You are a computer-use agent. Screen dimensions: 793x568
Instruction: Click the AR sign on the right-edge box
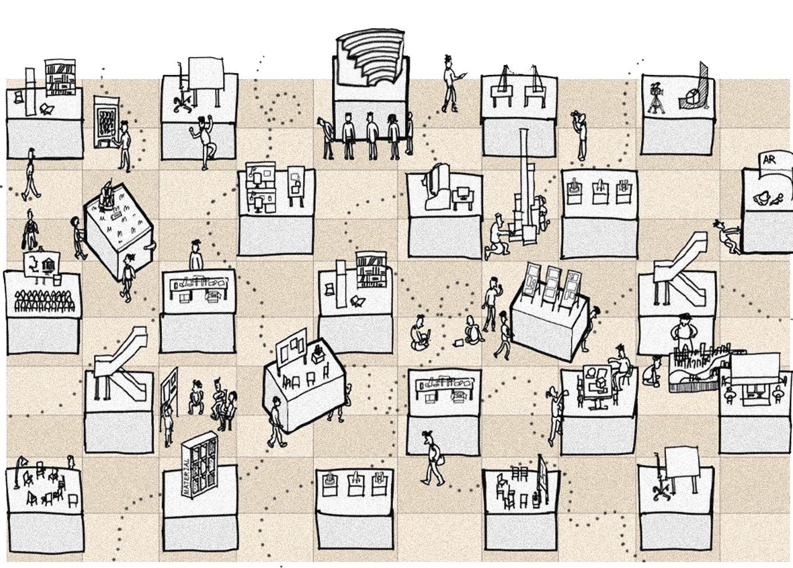point(768,160)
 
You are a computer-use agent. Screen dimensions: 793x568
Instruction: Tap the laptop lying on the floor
point(459,343)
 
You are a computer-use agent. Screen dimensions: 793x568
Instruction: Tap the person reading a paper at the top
point(451,83)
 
